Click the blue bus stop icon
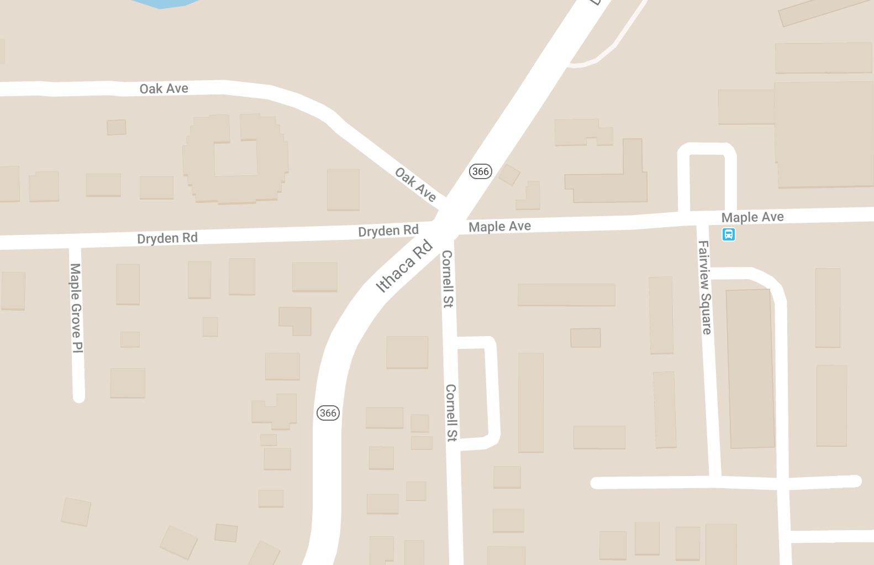tap(729, 234)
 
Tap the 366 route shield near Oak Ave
tap(480, 171)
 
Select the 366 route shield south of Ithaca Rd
tap(328, 413)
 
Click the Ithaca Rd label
tap(404, 266)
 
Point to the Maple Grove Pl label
tap(76, 307)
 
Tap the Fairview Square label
tap(705, 287)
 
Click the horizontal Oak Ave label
tap(164, 88)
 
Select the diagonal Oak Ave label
tap(416, 184)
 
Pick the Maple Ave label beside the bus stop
tap(752, 217)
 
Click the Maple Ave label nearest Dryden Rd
tap(499, 226)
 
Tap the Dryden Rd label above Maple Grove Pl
tap(167, 238)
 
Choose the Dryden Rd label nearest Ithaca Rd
tap(388, 231)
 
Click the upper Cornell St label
tap(447, 279)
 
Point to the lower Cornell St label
tap(451, 413)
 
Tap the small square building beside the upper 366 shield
tap(509, 175)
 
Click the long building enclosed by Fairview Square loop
tap(750, 368)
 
